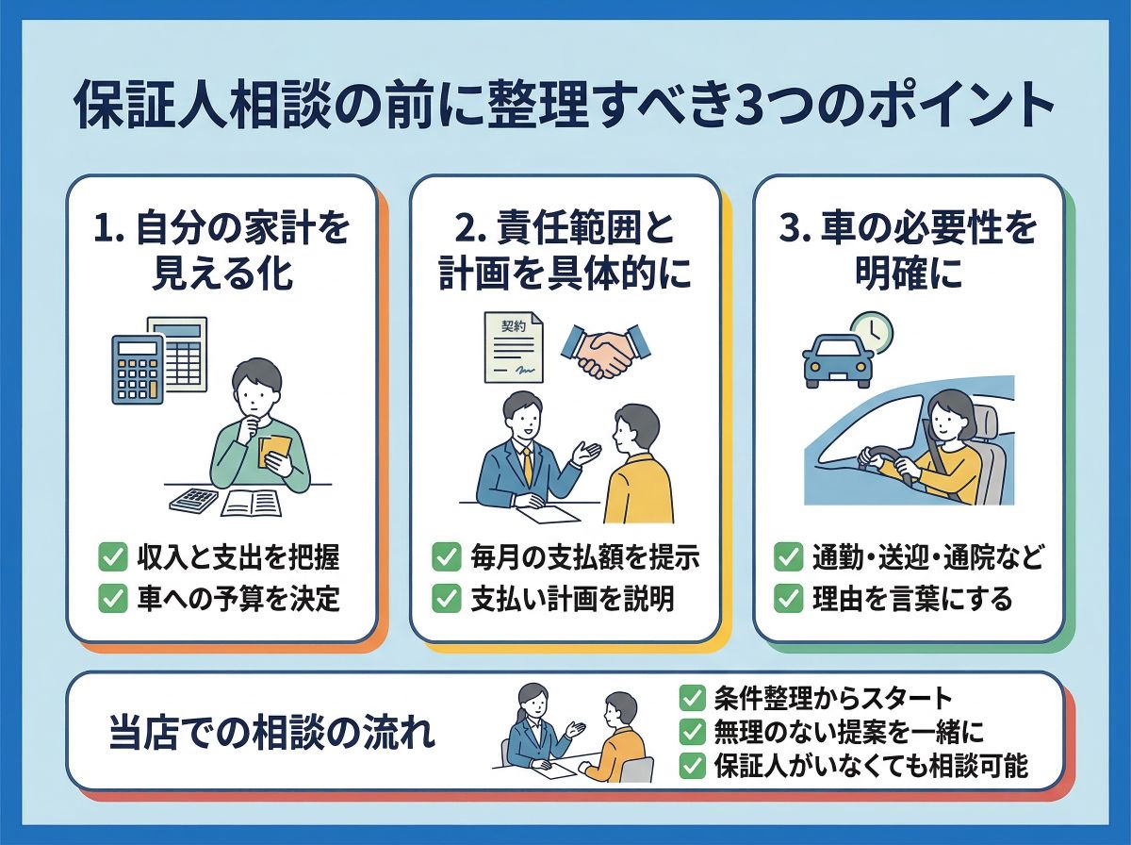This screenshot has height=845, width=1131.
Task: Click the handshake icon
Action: [606, 351]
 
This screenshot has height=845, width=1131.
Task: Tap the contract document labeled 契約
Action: [514, 347]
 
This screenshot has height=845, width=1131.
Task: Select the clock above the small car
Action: [872, 332]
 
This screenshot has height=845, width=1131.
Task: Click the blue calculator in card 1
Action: [138, 370]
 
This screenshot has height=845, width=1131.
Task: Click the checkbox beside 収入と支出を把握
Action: [112, 556]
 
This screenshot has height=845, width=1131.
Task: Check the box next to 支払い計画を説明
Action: [446, 599]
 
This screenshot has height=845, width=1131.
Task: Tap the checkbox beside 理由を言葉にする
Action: [788, 599]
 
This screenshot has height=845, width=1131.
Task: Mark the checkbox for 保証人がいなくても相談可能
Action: [693, 766]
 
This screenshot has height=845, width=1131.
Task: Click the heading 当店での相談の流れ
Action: [272, 734]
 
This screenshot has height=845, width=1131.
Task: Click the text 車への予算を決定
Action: [238, 599]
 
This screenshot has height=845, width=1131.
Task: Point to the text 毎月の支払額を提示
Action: [585, 557]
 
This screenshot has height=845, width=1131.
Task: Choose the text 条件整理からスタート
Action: [832, 699]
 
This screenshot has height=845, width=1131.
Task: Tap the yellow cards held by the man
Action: [274, 452]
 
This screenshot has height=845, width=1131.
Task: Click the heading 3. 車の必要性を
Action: [908, 228]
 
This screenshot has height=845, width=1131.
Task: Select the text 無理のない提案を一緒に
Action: [848, 732]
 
